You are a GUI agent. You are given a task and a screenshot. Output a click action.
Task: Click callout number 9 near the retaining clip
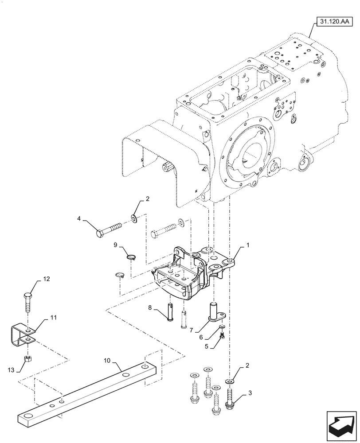[115, 245]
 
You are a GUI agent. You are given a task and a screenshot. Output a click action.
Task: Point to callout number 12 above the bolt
[46, 279]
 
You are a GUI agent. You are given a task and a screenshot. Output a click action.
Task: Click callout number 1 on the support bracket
[248, 245]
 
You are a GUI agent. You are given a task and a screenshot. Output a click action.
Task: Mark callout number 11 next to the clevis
[54, 318]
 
